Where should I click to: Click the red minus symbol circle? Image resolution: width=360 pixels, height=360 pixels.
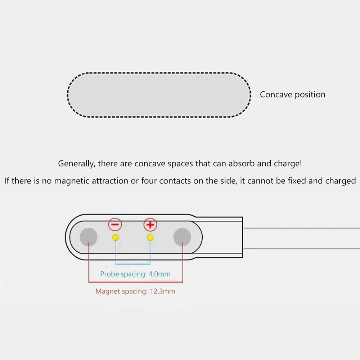(x=115, y=224)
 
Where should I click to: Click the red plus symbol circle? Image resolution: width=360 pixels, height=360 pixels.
(x=150, y=224)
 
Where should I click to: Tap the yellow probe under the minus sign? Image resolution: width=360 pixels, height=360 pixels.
(x=116, y=238)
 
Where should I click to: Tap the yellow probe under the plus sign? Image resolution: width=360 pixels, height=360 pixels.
(x=150, y=238)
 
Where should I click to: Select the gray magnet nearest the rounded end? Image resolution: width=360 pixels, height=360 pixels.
(x=89, y=237)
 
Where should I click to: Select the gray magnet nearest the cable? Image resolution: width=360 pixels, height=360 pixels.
(x=182, y=237)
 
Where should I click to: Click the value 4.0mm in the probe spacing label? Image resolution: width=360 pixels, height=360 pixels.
(x=159, y=274)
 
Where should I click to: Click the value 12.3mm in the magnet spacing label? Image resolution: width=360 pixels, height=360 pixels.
(x=163, y=291)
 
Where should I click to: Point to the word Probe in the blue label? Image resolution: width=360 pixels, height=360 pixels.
(x=109, y=274)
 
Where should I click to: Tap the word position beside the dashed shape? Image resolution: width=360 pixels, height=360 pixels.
(x=310, y=95)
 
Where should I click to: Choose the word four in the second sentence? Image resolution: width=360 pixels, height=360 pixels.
(x=149, y=181)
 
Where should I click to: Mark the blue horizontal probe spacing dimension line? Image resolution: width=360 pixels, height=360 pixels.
(x=133, y=264)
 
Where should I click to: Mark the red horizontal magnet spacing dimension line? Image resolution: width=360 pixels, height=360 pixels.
(x=135, y=282)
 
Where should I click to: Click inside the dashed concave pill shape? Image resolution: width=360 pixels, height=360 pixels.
(x=159, y=95)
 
